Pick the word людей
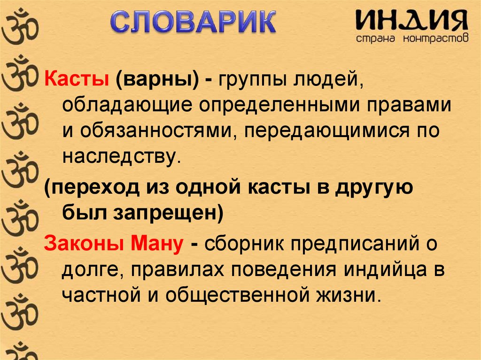tap(327, 78)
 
